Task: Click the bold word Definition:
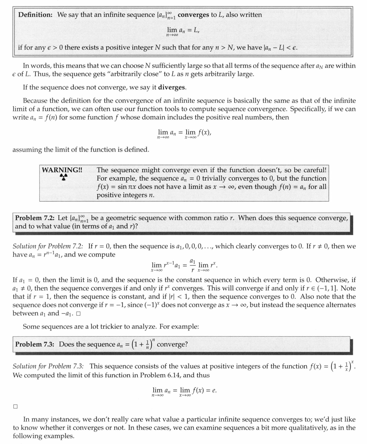click(36, 15)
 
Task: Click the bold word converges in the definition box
click(193, 15)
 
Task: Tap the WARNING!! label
click(62, 170)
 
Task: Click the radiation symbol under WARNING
click(64, 177)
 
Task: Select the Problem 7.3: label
click(35, 344)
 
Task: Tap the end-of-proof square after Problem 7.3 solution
click(15, 407)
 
